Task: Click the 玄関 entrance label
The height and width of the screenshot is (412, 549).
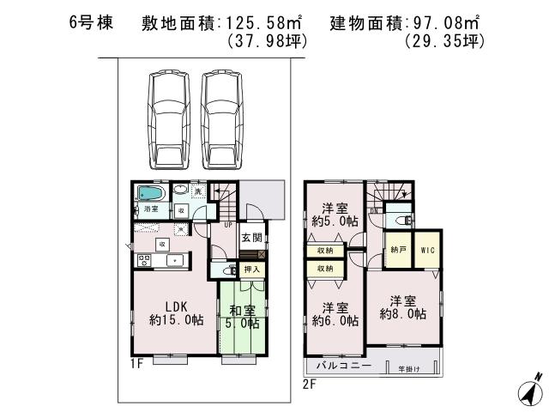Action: pos(251,238)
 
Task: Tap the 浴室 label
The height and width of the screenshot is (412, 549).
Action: pos(152,209)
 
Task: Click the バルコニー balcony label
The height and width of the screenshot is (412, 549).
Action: pos(343,366)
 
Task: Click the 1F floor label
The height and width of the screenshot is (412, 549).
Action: pos(136,365)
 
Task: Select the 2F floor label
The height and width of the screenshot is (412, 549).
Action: pos(310,384)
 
